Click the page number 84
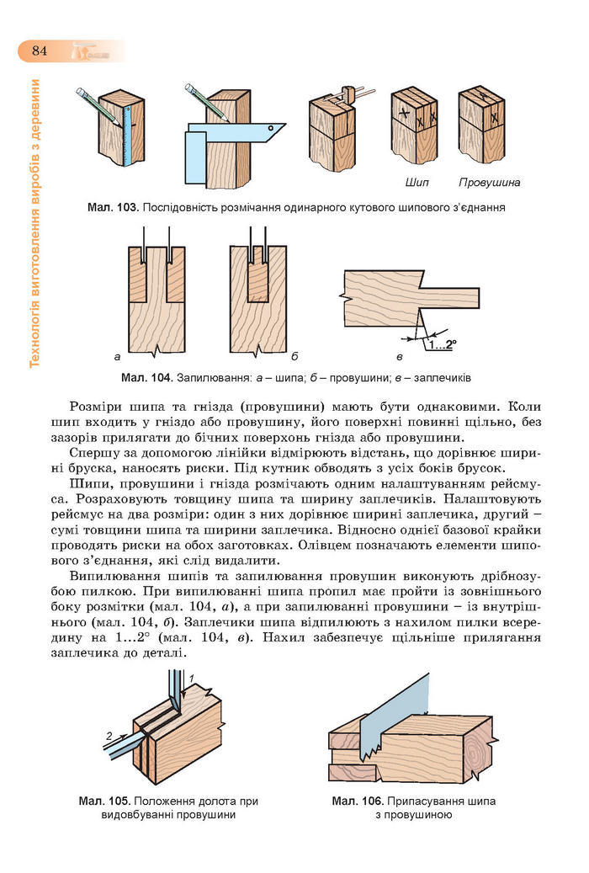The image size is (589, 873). pyautogui.click(x=40, y=50)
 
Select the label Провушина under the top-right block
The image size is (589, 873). pyautogui.click(x=490, y=182)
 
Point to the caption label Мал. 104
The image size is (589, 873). pyautogui.click(x=147, y=376)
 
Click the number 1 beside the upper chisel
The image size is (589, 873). pyautogui.click(x=192, y=678)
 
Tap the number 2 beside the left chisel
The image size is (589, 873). pyautogui.click(x=109, y=736)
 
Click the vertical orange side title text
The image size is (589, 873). pyautogui.click(x=34, y=223)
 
